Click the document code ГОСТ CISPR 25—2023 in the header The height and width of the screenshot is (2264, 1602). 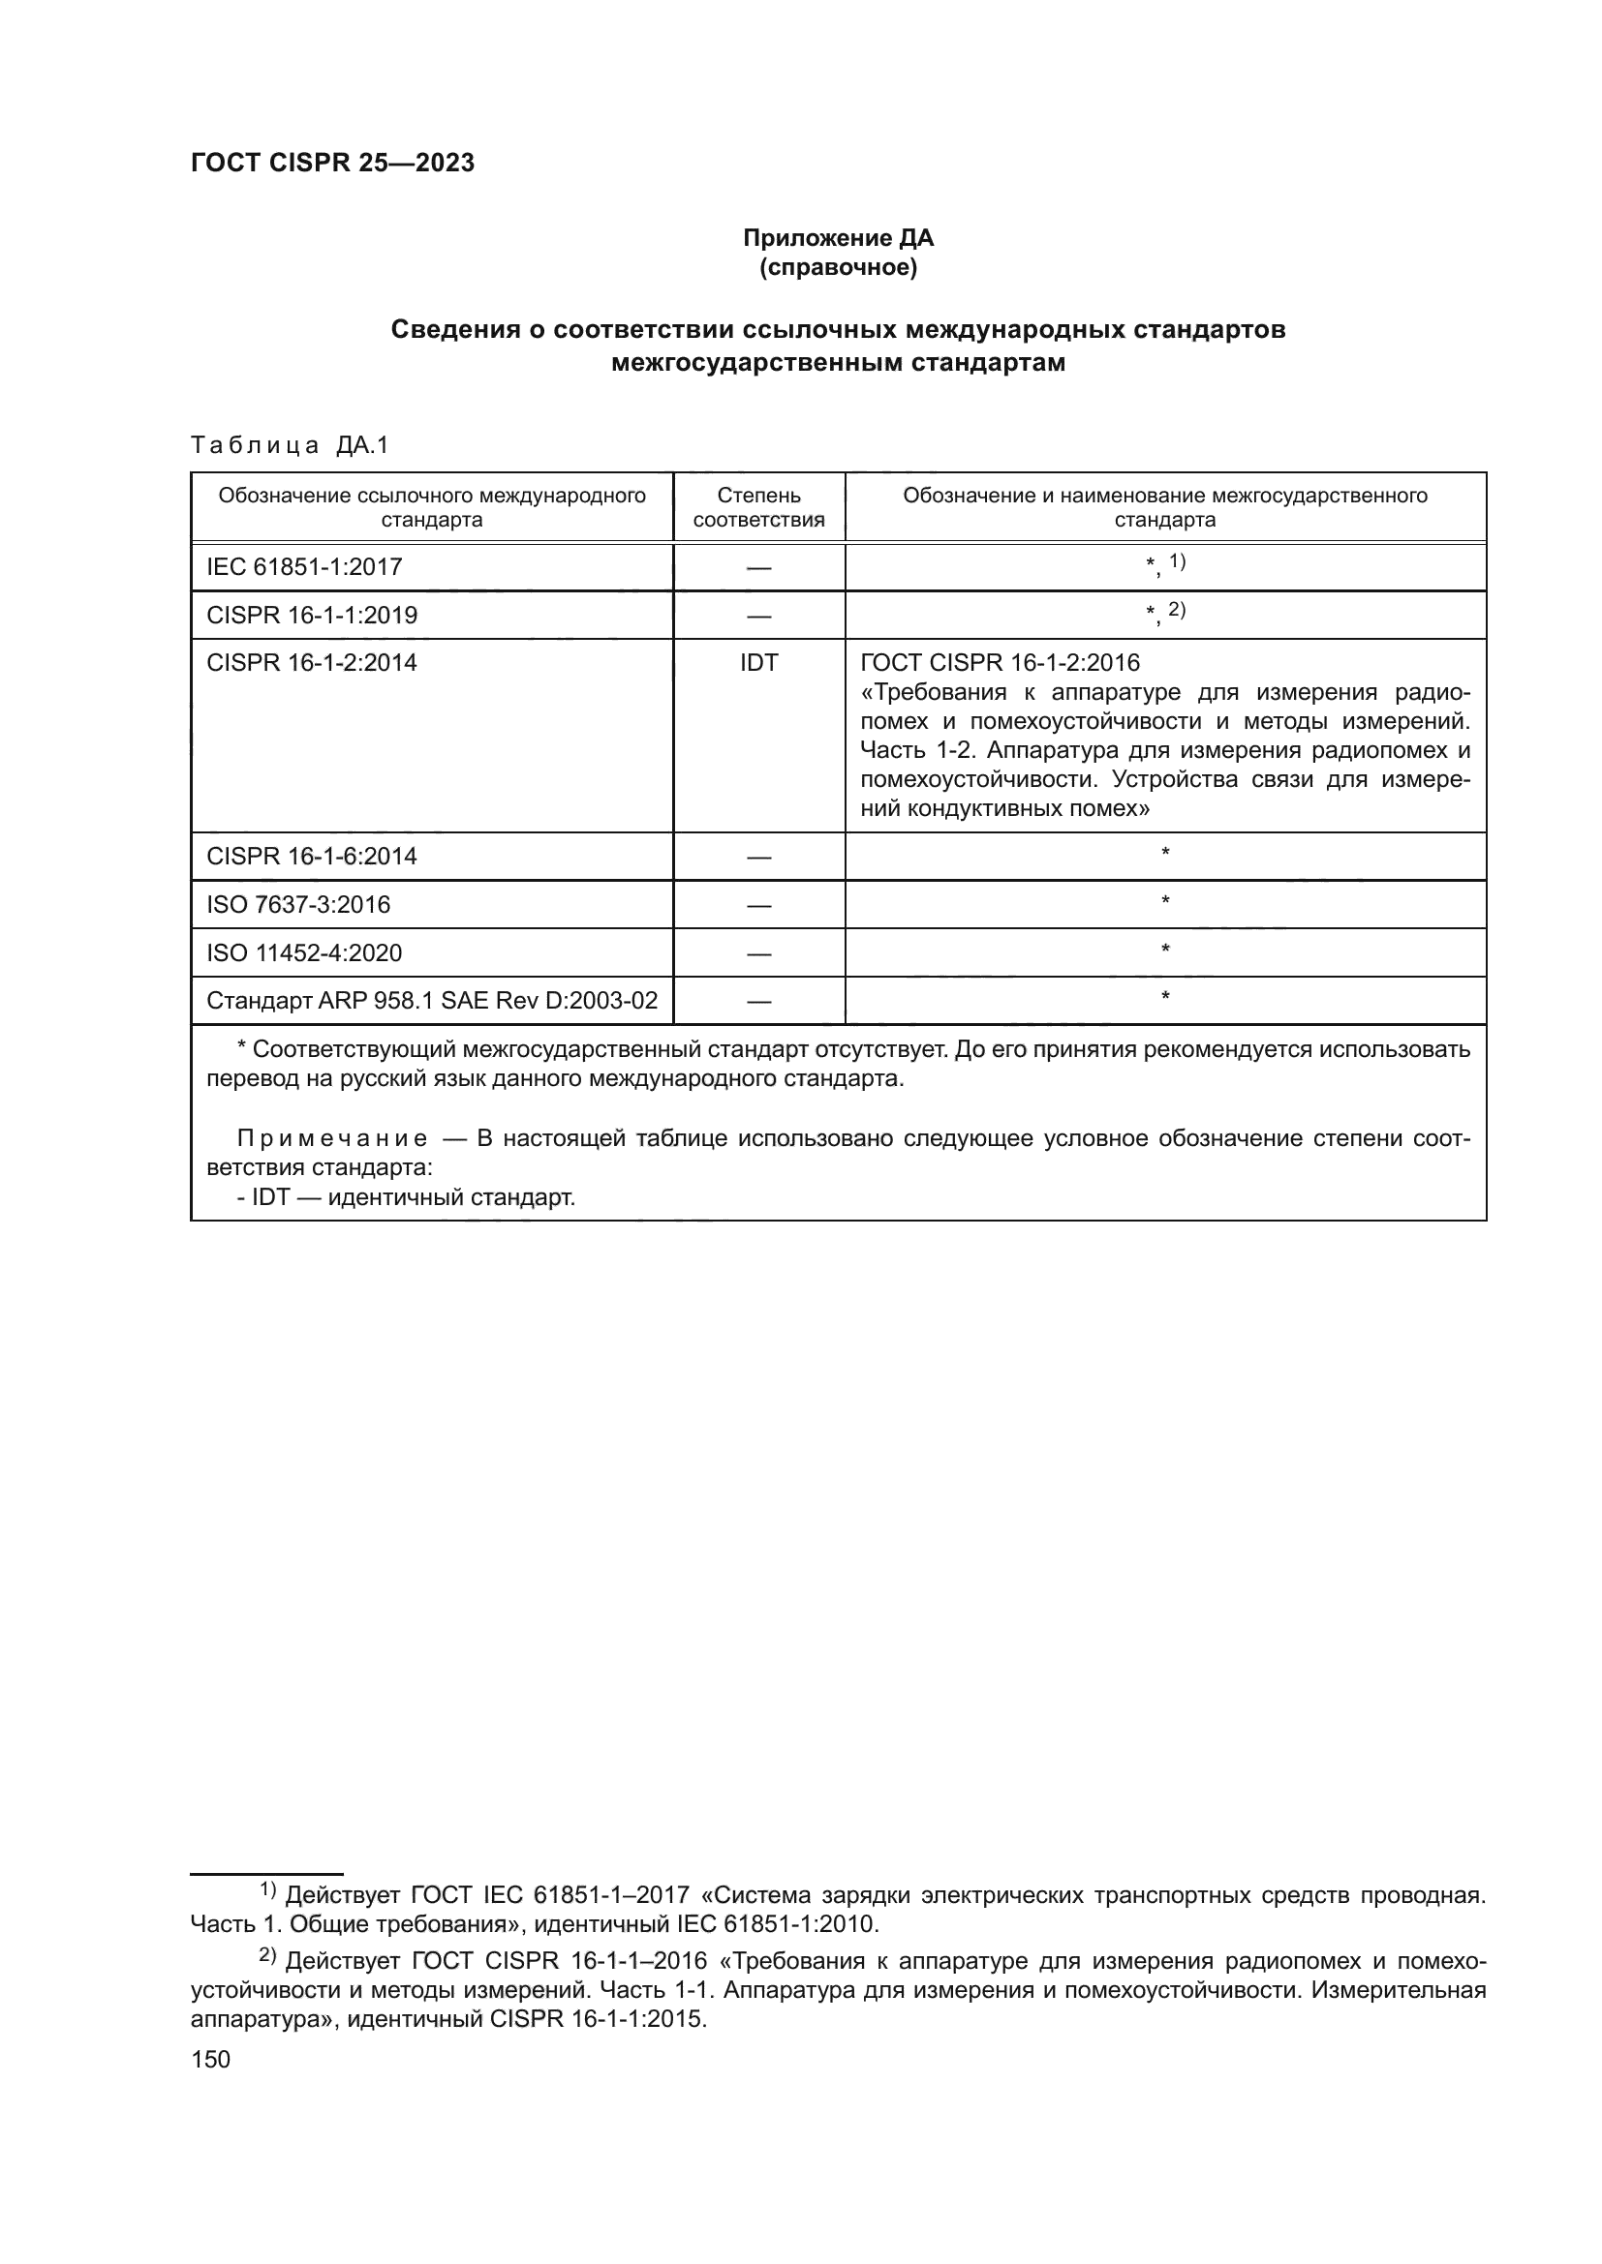click(332, 163)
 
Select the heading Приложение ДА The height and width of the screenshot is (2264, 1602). click(838, 238)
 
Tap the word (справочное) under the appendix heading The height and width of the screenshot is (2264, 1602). click(838, 267)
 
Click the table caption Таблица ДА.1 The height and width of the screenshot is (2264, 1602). click(290, 445)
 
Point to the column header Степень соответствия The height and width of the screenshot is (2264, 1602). click(758, 507)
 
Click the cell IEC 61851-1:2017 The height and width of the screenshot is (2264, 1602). click(304, 567)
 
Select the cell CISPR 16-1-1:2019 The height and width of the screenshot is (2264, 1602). click(312, 616)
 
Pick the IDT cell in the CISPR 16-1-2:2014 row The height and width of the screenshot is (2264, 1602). click(758, 663)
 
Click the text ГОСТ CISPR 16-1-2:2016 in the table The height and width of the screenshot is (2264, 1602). click(1000, 663)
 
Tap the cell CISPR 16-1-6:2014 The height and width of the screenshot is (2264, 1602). click(312, 856)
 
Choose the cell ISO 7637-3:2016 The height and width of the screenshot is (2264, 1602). click(298, 904)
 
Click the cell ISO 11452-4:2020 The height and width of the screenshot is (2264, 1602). click(304, 952)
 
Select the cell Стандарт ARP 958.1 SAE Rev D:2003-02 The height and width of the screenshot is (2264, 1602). click(432, 1001)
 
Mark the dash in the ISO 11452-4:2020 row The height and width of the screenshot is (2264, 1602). click(758, 953)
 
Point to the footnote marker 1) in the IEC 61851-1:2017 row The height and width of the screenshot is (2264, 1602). click(1177, 561)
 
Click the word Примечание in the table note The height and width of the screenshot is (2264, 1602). click(332, 1139)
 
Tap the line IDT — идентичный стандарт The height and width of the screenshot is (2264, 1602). click(406, 1198)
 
